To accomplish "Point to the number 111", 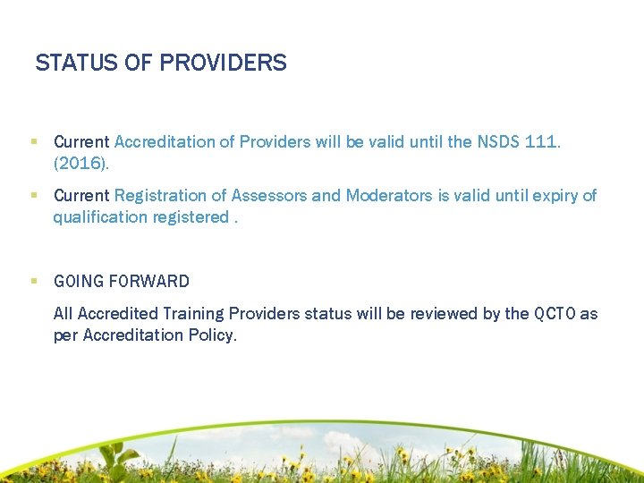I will coord(544,142).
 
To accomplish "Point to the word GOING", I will coord(79,282).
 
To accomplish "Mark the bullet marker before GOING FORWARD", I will coord(33,281).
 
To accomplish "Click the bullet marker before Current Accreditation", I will coord(33,141).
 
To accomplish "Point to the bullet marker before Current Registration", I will coord(33,195).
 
